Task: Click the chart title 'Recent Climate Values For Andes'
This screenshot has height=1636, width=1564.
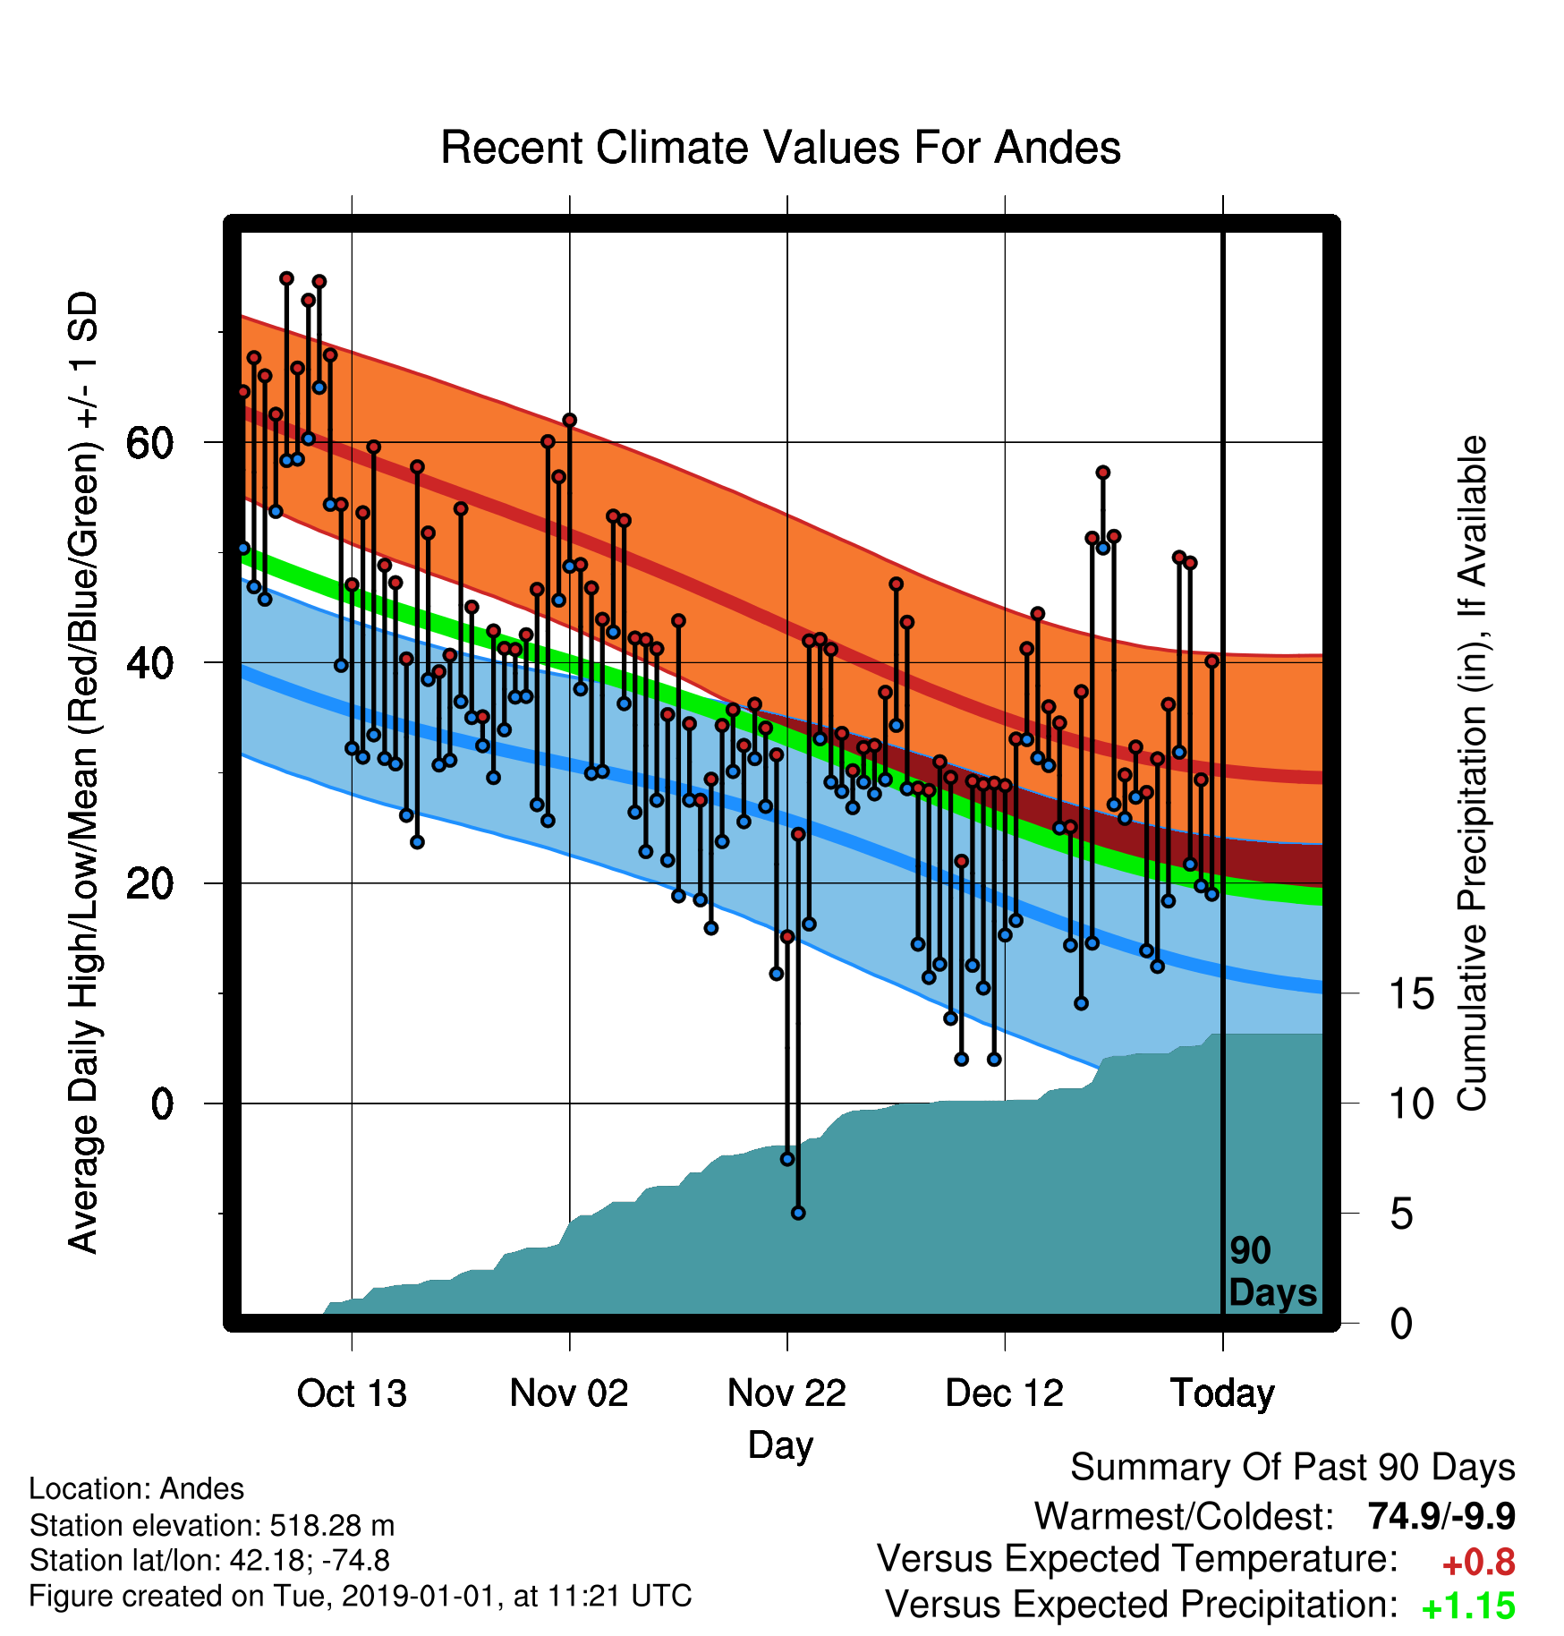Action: (x=780, y=148)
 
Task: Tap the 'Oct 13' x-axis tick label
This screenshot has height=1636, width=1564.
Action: (x=352, y=1393)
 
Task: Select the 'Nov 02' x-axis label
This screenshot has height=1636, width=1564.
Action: (x=569, y=1393)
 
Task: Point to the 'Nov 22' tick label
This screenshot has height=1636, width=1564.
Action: (x=786, y=1393)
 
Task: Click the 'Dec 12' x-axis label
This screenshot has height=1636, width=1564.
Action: (x=1005, y=1393)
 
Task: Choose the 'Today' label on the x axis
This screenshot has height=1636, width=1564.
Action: (x=1222, y=1393)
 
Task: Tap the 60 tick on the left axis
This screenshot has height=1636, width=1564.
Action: (x=149, y=442)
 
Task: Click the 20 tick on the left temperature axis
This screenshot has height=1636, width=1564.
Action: (x=149, y=883)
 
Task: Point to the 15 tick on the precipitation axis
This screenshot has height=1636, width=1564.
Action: (x=1411, y=993)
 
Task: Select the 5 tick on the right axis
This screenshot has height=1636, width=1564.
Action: (x=1401, y=1214)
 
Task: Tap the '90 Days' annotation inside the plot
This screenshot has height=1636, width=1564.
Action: (x=1272, y=1272)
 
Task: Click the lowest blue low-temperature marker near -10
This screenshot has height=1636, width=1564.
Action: (x=798, y=1213)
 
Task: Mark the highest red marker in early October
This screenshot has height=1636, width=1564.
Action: (x=286, y=278)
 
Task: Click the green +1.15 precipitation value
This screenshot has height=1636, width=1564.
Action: (x=1468, y=1606)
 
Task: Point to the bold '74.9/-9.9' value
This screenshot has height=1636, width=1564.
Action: (x=1441, y=1516)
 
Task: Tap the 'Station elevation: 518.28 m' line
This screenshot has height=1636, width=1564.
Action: (x=212, y=1524)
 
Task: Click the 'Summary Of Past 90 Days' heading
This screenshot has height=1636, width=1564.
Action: (x=1293, y=1468)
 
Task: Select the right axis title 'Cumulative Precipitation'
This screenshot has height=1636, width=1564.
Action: (x=1472, y=774)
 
